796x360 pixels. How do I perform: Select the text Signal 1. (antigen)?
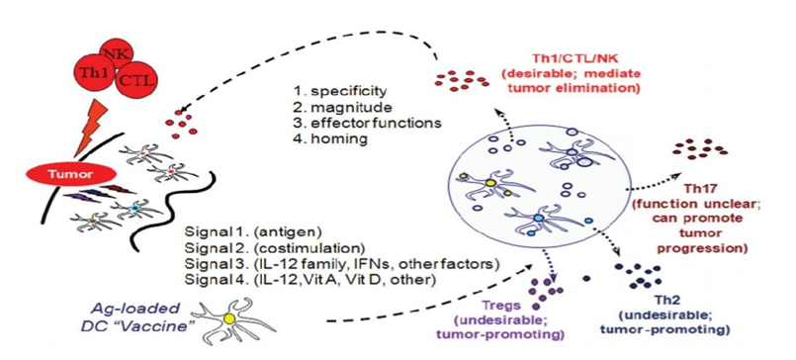click(253, 233)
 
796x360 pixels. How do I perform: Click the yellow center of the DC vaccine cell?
click(229, 318)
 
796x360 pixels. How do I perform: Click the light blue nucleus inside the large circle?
click(538, 218)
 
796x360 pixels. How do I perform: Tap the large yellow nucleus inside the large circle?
click(489, 182)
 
